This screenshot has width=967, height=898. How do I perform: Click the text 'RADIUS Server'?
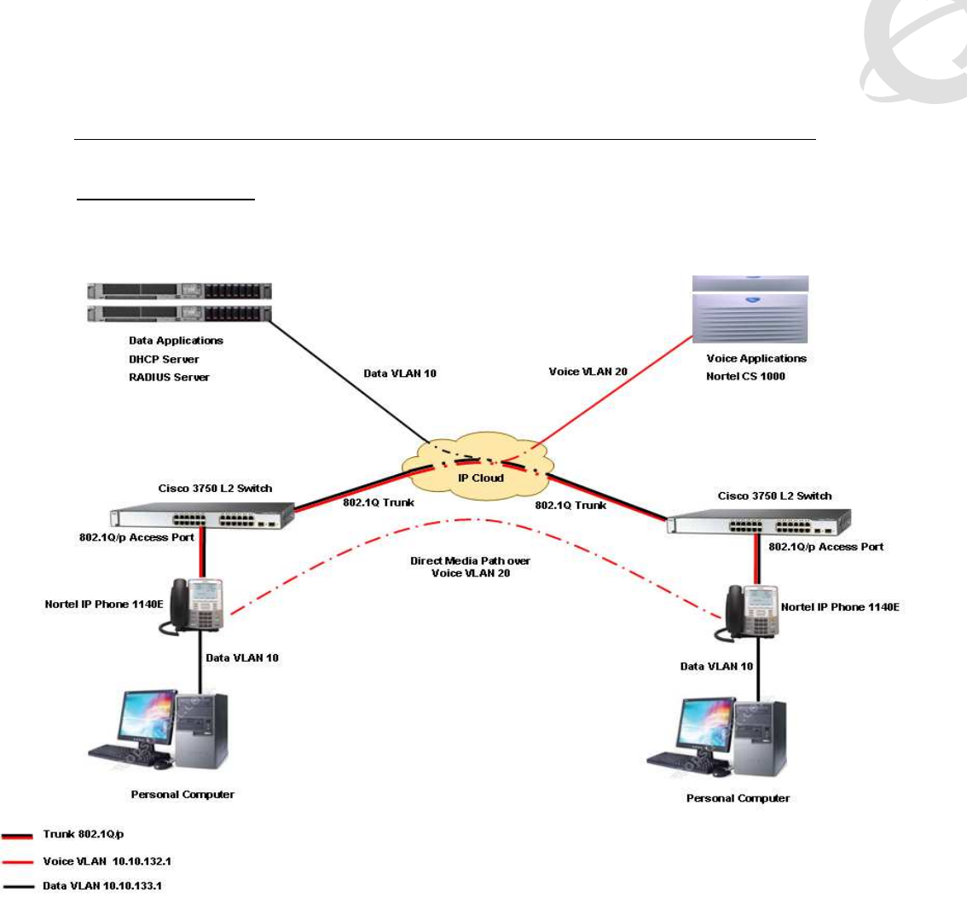pyautogui.click(x=164, y=376)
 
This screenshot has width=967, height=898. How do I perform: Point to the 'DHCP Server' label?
pyautogui.click(x=158, y=358)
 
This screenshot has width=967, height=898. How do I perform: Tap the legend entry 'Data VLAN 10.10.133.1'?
pyautogui.click(x=101, y=887)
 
